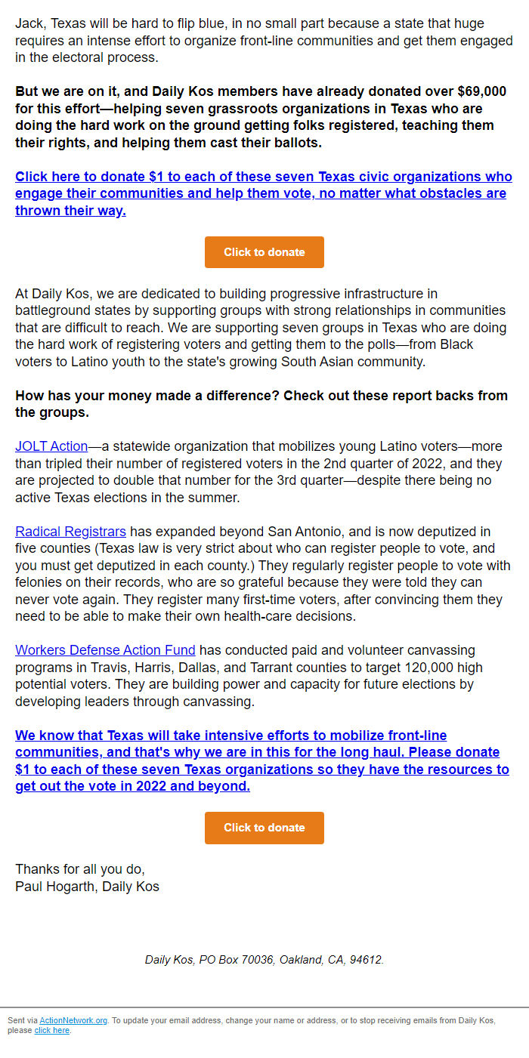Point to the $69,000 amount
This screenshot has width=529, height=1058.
coord(481,91)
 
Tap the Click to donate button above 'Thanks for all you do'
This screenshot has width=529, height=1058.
coord(264,828)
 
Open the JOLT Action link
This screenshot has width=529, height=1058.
coord(51,446)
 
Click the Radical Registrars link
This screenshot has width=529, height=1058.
coord(70,532)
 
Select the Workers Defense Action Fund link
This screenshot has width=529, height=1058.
coord(105,650)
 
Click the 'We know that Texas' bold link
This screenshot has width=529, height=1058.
coord(261,760)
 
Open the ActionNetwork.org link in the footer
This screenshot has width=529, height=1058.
coord(73,1020)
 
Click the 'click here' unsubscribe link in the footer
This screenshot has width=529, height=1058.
coord(51,1030)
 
